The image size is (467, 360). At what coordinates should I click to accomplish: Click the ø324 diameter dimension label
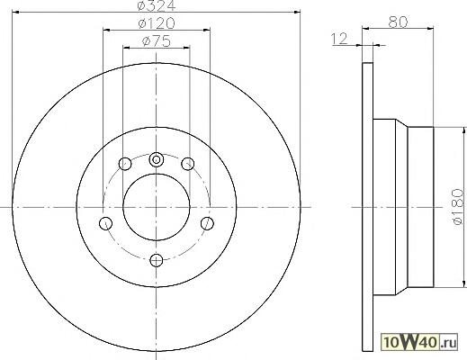point(156,5)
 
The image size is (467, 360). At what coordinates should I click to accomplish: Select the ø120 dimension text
point(157,23)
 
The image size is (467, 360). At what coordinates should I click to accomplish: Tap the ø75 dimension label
point(157,41)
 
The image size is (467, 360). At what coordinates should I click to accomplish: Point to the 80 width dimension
point(398,22)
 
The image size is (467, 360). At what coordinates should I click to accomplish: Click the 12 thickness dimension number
point(339,39)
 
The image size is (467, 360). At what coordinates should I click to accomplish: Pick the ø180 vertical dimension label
point(458,206)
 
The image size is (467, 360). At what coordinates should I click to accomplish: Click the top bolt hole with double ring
point(157,159)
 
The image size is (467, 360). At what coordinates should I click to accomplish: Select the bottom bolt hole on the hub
point(157,260)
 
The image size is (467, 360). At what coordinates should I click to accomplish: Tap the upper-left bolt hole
point(125,164)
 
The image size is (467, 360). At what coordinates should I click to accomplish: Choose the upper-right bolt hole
point(188,164)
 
